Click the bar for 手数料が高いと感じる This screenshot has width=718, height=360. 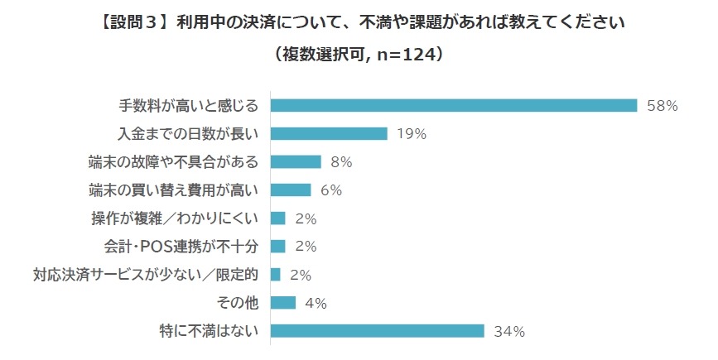(x=454, y=105)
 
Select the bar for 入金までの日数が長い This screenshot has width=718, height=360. (x=329, y=133)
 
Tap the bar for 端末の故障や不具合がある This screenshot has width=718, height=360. (x=296, y=161)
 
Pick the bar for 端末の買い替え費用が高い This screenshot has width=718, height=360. (x=291, y=190)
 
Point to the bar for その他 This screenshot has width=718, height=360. (x=283, y=303)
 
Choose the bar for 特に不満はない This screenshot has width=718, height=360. (x=377, y=331)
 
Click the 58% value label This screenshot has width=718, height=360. (x=663, y=106)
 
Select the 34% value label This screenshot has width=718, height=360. (x=509, y=332)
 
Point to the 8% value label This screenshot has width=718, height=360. (x=340, y=162)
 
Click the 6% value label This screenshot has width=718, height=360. (x=330, y=190)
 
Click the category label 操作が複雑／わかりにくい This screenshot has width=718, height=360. (x=176, y=218)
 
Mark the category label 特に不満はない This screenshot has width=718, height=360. (x=212, y=331)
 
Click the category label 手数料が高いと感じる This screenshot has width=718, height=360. (x=189, y=105)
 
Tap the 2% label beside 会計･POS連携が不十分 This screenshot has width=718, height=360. (x=305, y=247)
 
